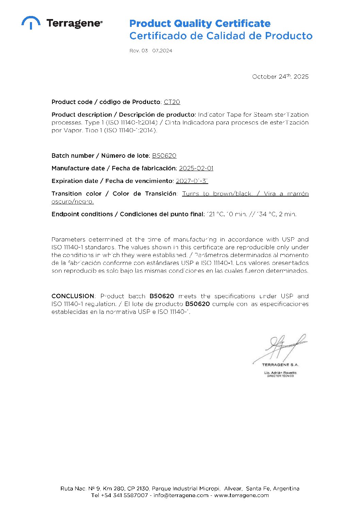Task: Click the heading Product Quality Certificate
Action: (200, 23)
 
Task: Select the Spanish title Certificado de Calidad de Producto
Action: (221, 36)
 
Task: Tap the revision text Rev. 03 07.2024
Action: (151, 51)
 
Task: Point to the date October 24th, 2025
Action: (280, 77)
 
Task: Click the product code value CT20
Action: (172, 102)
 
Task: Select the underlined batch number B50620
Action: (164, 156)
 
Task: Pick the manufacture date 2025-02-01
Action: (196, 168)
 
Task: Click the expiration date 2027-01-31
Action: (192, 181)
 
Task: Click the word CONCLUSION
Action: (73, 296)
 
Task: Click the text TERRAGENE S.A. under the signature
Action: (280, 365)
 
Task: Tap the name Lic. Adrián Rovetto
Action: (280, 373)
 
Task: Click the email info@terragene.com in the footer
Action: (181, 495)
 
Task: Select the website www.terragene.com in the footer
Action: (241, 495)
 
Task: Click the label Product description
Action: (82, 115)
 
